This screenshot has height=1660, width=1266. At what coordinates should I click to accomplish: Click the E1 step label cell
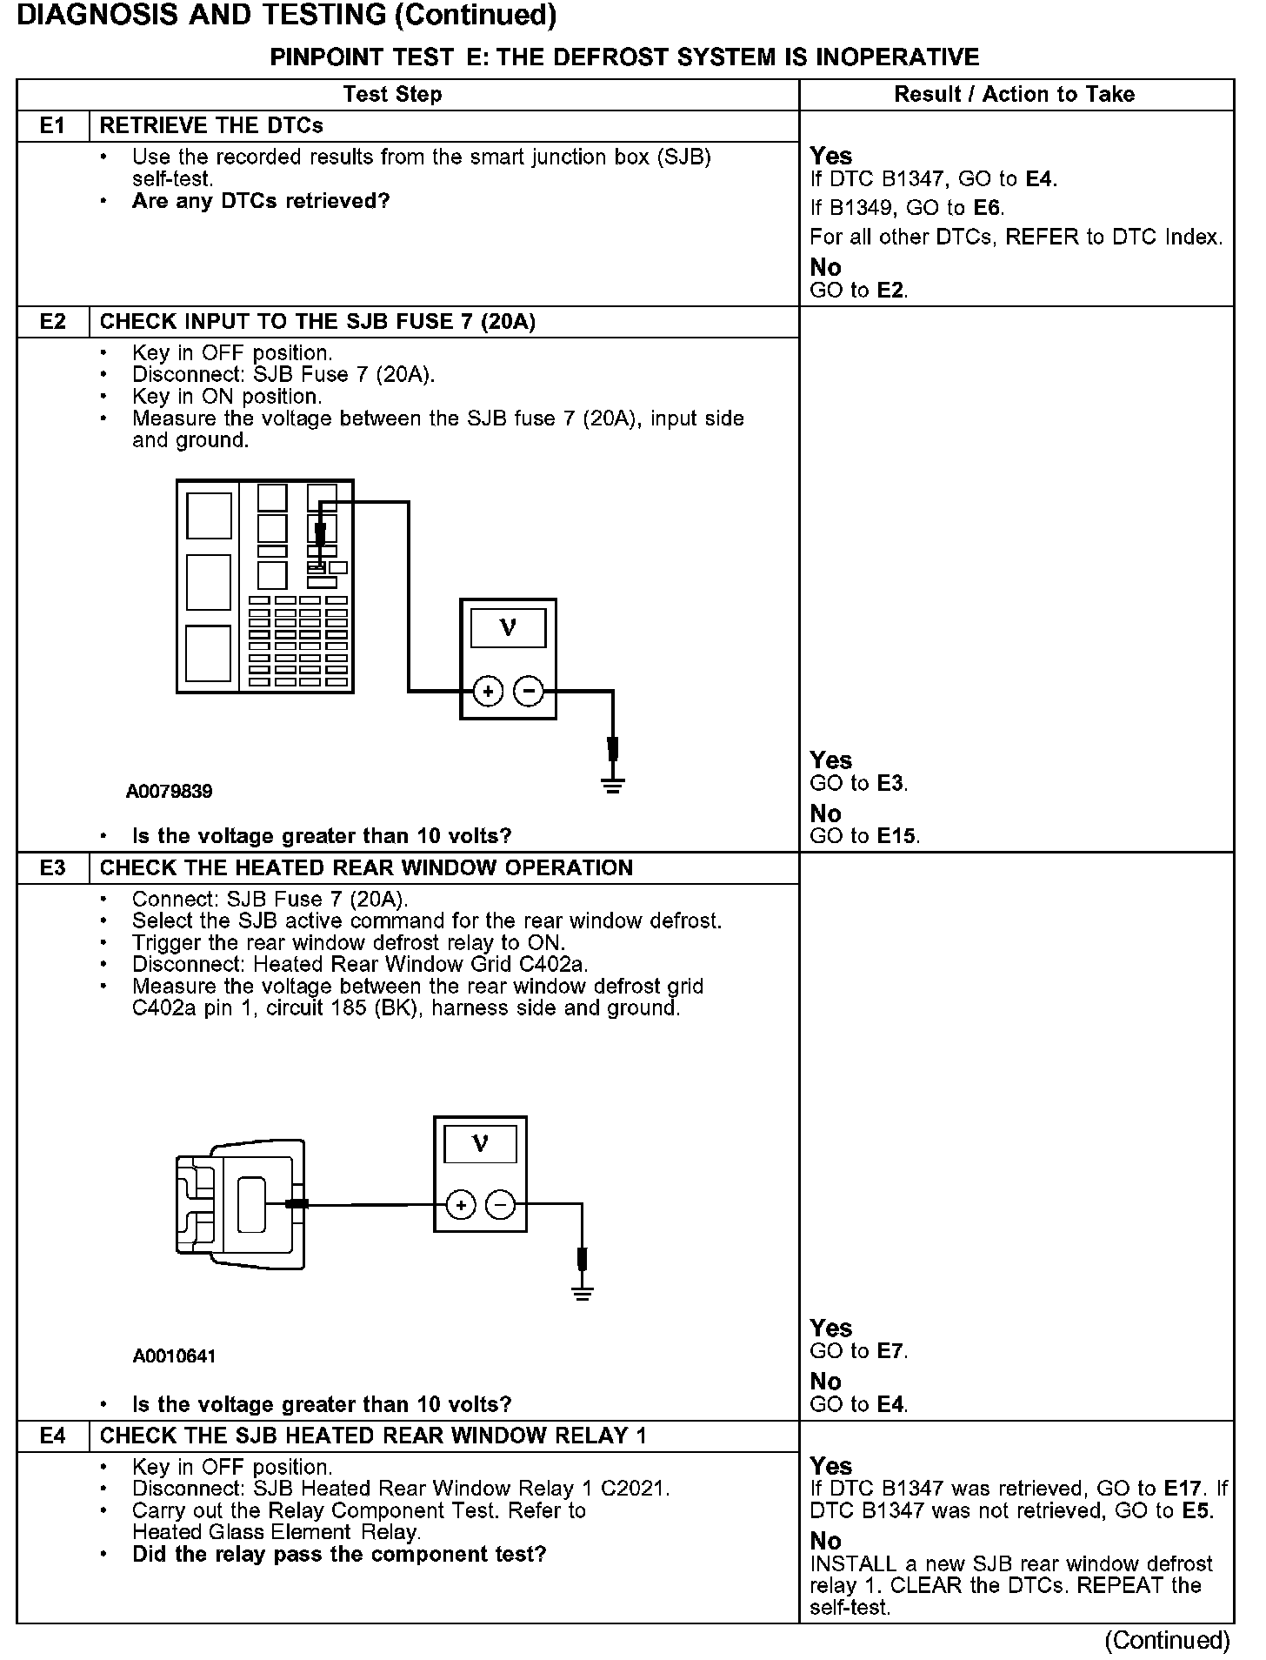point(52,126)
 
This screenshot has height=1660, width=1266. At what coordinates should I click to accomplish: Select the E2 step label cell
point(52,322)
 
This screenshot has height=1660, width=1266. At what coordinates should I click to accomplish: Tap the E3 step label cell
point(52,868)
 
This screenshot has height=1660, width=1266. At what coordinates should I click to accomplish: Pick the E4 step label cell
point(52,1436)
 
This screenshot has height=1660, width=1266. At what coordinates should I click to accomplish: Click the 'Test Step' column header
point(392,94)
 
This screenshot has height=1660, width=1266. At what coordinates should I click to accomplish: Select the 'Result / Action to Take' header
point(1015,94)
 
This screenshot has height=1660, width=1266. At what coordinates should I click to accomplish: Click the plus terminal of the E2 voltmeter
point(488,693)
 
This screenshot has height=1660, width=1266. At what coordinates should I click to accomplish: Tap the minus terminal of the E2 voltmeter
point(528,693)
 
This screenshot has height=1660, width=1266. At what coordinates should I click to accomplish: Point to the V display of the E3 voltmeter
point(480,1143)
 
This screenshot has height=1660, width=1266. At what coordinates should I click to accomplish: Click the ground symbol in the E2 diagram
point(613,786)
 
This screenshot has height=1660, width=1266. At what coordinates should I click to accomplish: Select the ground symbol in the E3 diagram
point(583,1293)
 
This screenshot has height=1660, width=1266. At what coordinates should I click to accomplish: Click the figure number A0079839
point(169,792)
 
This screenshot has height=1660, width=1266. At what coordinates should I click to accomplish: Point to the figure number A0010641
point(175,1355)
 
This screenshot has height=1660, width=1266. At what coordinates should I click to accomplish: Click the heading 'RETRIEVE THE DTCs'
point(211,126)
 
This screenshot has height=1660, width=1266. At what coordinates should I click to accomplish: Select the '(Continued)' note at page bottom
point(1167,1640)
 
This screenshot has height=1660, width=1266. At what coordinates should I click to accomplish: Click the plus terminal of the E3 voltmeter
point(460,1206)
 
